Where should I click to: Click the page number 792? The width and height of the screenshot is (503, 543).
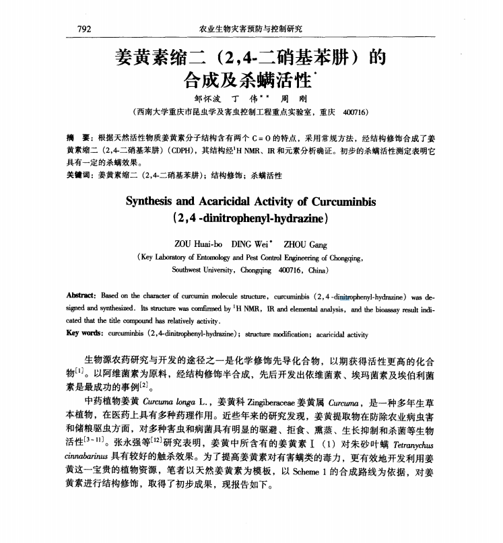coord(84,29)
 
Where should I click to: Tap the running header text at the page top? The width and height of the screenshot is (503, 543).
coord(251,29)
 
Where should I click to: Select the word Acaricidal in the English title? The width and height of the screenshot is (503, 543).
coord(234,201)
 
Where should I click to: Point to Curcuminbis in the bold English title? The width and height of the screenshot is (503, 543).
coord(339,201)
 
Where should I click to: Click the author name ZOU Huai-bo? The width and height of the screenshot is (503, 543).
coord(198,245)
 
